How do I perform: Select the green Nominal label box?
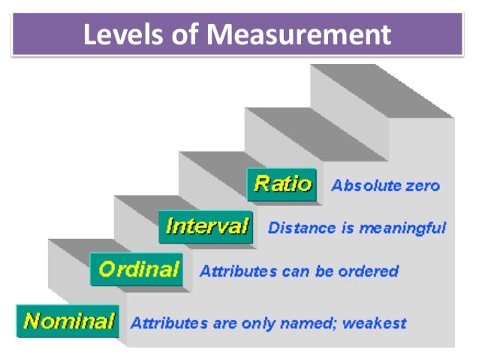[69, 322]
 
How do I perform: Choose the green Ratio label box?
[282, 184]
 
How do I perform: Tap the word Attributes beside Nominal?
[164, 324]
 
